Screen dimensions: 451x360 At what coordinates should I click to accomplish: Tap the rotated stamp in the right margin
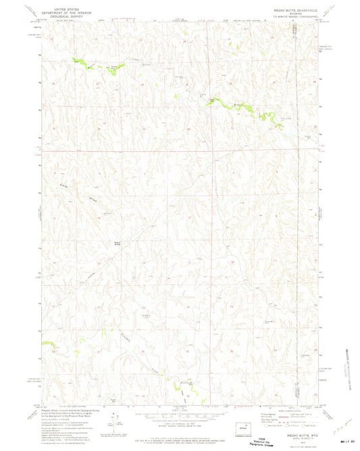coord(349,371)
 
